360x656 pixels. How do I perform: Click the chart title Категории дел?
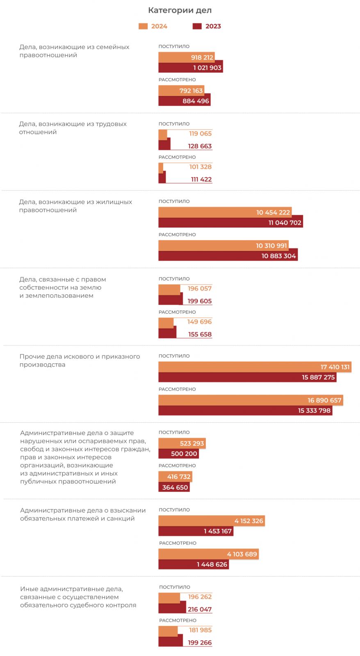click(x=180, y=10)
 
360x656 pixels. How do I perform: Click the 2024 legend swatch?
click(x=143, y=26)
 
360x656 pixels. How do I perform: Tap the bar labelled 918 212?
click(x=187, y=57)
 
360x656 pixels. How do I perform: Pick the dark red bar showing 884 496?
click(x=185, y=101)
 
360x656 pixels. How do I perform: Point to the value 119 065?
click(x=200, y=134)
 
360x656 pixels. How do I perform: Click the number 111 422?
click(x=201, y=179)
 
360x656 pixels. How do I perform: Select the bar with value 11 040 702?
click(x=230, y=223)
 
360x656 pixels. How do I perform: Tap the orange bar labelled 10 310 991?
click(x=223, y=246)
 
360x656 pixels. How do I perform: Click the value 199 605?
click(x=200, y=301)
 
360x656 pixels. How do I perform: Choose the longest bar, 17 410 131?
click(x=255, y=367)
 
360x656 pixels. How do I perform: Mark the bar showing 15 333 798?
click(x=245, y=410)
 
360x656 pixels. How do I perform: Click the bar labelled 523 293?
click(x=182, y=443)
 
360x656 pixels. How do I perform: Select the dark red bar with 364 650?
click(x=174, y=487)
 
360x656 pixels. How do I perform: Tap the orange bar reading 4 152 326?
click(x=212, y=521)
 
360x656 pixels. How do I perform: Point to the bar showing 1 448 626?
click(x=194, y=564)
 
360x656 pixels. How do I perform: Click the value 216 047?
click(x=200, y=609)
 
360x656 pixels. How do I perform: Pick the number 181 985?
click(x=200, y=630)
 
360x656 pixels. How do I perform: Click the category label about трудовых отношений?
click(x=73, y=128)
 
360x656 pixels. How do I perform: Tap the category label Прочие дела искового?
click(x=80, y=360)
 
